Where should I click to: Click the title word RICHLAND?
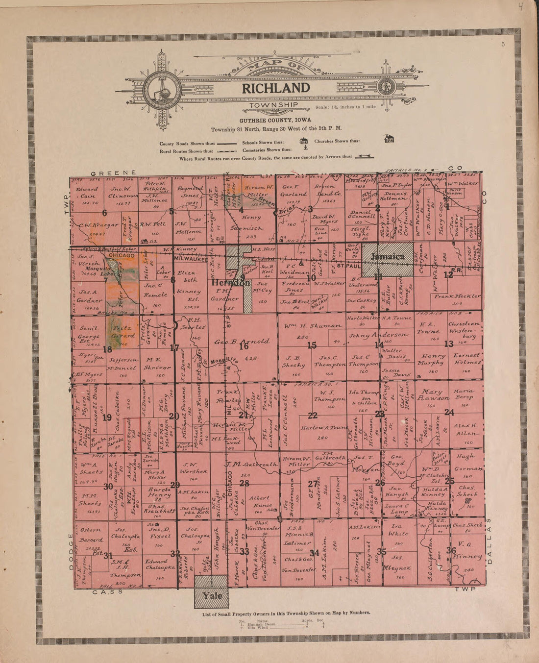point(276,88)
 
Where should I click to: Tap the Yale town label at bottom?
point(212,596)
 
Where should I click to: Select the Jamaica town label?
point(388,256)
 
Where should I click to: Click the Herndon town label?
point(231,283)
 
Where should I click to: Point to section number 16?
point(244,346)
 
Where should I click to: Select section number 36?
point(451,550)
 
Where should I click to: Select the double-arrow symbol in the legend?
point(364,156)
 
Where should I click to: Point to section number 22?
point(312,416)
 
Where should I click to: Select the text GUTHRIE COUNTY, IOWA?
point(275,120)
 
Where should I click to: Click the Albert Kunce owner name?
point(260,501)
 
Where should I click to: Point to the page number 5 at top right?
point(503,45)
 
